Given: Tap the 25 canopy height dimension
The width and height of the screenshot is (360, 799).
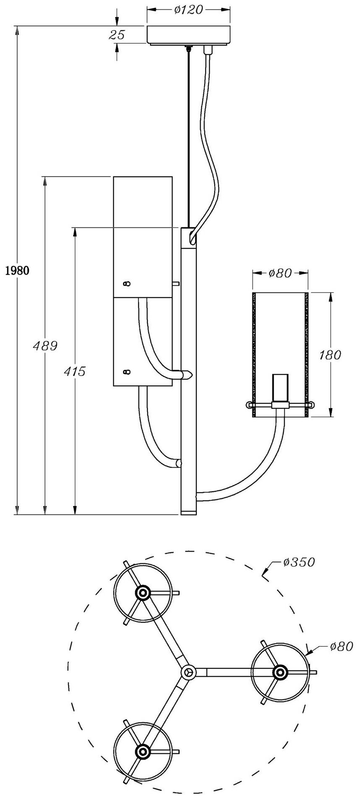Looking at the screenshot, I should click(x=117, y=35).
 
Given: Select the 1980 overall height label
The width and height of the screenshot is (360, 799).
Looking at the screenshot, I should click(x=17, y=270).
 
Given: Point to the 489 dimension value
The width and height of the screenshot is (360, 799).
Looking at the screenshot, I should click(x=45, y=346).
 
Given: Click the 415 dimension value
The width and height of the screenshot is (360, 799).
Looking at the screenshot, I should click(x=75, y=371).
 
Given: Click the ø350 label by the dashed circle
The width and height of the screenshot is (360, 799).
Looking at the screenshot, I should click(x=298, y=562).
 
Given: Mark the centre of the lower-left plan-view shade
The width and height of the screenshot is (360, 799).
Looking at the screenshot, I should click(x=143, y=752).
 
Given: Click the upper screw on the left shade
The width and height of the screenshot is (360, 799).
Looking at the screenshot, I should click(x=126, y=284).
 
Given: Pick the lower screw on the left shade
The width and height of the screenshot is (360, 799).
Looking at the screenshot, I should click(x=126, y=371).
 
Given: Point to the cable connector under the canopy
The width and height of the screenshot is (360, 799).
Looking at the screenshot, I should click(x=208, y=50).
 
